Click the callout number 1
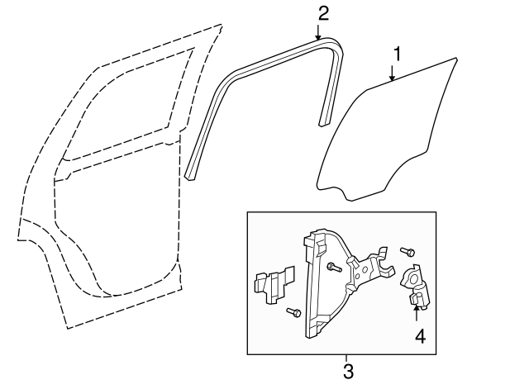coord(397,56)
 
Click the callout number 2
coord(322,12)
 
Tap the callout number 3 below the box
coord(347,372)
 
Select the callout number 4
coord(419,336)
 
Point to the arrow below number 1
coord(393,75)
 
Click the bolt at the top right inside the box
coord(407,251)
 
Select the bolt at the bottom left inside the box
coord(291,312)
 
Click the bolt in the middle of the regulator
coord(331,267)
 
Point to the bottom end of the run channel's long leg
coord(191,173)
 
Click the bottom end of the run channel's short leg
coord(324,123)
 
